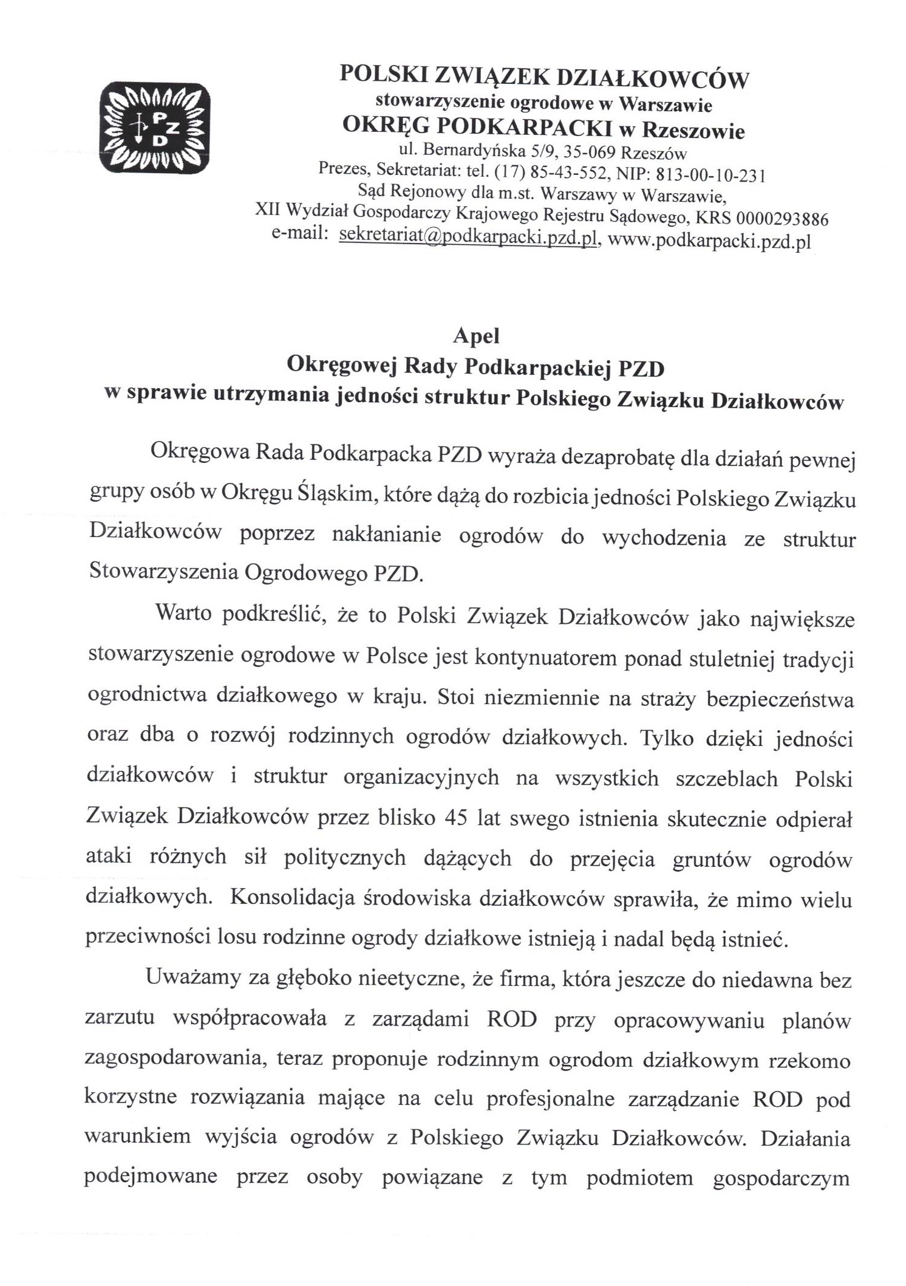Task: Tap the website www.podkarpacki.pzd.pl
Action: coord(709,241)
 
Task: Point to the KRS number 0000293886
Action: coord(782,219)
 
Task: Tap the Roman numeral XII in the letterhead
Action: coord(268,210)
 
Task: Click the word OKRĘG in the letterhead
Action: coord(382,125)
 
